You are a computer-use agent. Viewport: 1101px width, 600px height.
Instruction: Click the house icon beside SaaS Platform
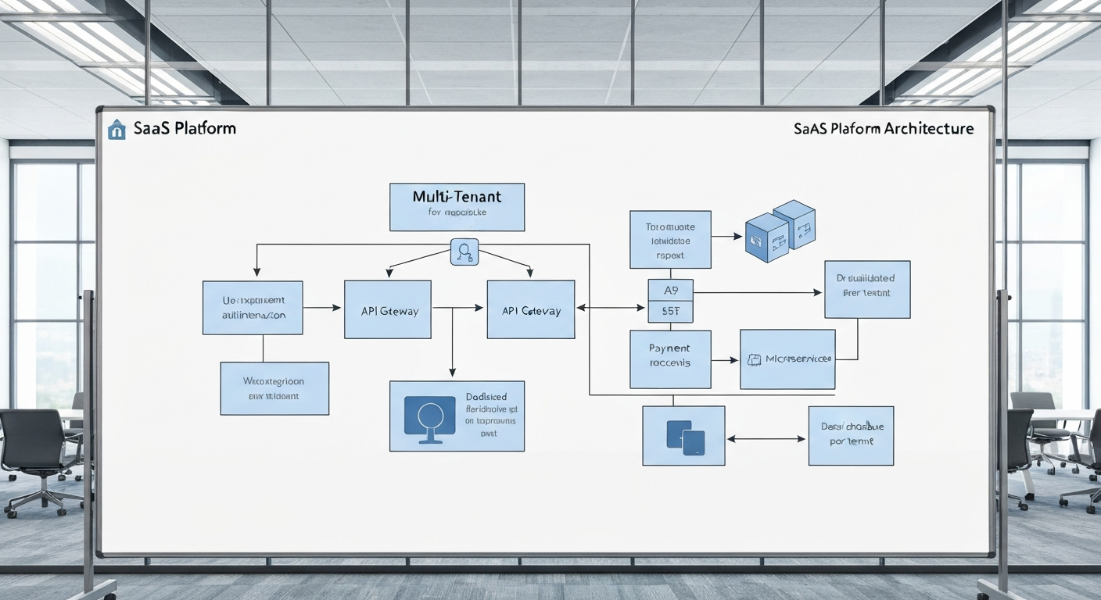(116, 129)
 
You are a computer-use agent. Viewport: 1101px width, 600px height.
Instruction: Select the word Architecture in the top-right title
(929, 129)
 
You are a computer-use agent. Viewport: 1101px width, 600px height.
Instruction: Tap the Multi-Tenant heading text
(457, 197)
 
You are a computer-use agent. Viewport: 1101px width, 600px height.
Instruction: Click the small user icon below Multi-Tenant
(464, 252)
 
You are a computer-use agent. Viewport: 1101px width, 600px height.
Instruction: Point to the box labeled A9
(671, 290)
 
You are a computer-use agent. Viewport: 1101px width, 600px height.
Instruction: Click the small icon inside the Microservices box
(754, 359)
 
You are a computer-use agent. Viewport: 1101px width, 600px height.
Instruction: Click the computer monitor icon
(429, 419)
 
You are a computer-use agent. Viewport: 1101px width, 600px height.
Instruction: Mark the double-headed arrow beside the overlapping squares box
(766, 438)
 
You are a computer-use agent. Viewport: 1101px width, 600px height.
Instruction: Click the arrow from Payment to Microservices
(725, 360)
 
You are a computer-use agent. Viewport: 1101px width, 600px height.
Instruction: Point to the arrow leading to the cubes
(727, 235)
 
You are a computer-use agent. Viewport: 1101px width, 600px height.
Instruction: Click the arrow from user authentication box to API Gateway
(322, 309)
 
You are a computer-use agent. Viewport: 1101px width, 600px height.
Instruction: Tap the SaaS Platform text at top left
(183, 129)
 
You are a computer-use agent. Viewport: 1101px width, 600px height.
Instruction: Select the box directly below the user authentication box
(274, 388)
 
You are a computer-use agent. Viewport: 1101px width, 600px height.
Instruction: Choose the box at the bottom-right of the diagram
(851, 435)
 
